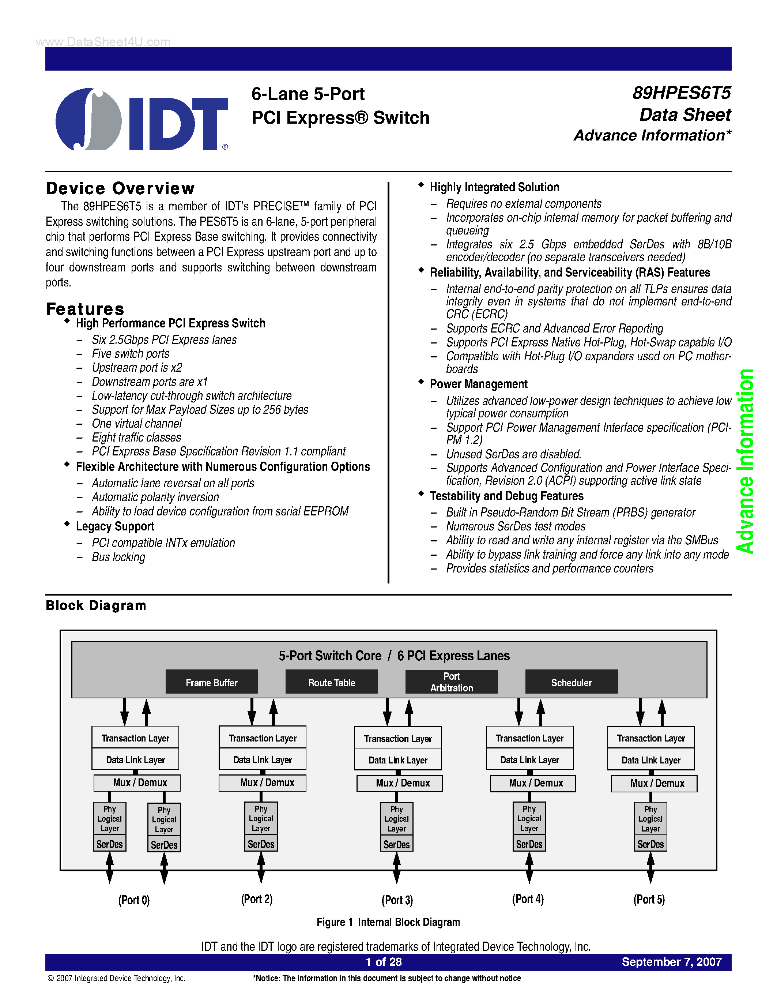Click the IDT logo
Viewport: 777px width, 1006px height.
[x=142, y=119]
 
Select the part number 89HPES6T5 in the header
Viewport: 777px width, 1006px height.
[x=681, y=93]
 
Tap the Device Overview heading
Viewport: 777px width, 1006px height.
[x=120, y=188]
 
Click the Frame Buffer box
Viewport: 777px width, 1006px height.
[x=211, y=682]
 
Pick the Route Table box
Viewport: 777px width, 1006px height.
[x=331, y=682]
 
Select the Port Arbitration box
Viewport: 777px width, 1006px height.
[x=451, y=682]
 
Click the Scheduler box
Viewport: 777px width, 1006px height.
[x=571, y=682]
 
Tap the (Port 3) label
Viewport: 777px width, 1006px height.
[x=397, y=900]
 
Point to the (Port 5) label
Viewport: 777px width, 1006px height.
[x=649, y=899]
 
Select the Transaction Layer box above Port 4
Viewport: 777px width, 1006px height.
[x=529, y=738]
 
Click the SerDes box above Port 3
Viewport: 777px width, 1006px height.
[x=396, y=844]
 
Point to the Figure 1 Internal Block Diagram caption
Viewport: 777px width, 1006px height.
[x=388, y=922]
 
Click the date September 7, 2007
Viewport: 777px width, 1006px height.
[x=671, y=962]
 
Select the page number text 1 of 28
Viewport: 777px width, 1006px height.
[x=384, y=962]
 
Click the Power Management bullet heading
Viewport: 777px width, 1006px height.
[x=478, y=384]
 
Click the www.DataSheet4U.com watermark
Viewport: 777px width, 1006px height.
[x=103, y=42]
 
